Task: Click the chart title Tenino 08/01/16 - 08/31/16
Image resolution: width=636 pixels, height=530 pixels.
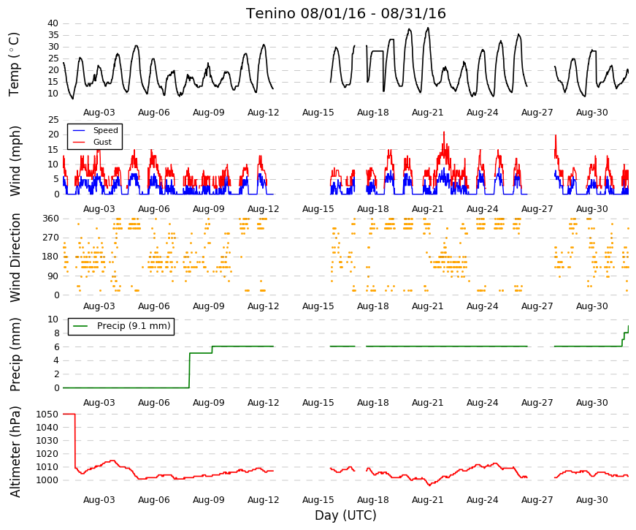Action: [345, 13]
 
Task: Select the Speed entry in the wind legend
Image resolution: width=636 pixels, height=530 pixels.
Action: [105, 130]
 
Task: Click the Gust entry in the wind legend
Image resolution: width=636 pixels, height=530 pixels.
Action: [102, 142]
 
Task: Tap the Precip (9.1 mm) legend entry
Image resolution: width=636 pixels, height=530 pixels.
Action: [134, 326]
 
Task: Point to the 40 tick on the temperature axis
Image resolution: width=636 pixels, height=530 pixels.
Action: [53, 23]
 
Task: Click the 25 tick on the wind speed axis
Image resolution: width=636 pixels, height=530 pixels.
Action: [53, 120]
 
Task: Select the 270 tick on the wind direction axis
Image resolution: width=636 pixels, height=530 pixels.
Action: [50, 238]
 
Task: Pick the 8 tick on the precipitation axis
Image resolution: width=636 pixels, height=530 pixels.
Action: [56, 333]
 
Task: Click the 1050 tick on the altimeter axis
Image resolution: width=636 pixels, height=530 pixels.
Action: [47, 414]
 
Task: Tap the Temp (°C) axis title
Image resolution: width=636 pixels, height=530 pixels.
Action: [14, 64]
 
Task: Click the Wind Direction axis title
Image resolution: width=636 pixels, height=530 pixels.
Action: [15, 257]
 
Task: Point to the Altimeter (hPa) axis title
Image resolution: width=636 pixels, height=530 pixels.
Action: [15, 451]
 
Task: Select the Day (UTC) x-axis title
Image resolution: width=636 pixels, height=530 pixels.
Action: [345, 515]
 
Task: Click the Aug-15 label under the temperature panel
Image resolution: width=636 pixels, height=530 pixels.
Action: [318, 113]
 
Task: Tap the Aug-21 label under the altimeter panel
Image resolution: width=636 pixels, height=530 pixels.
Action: [427, 500]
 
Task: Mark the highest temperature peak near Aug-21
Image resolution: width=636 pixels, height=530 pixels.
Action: [428, 28]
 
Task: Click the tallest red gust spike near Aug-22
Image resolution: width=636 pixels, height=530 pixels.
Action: [444, 132]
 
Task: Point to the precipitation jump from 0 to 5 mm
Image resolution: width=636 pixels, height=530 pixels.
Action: [189, 371]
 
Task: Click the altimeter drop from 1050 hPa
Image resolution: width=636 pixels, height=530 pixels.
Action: [75, 441]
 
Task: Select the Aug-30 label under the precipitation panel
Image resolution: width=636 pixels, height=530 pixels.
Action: [591, 403]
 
